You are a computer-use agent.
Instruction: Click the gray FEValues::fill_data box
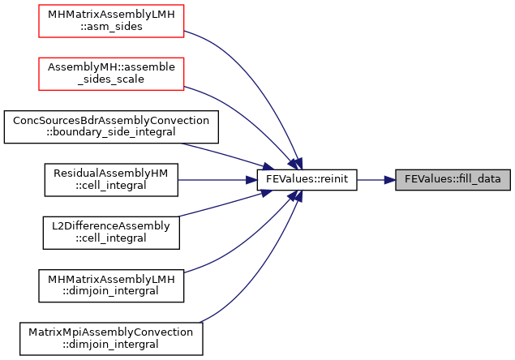tap(453, 180)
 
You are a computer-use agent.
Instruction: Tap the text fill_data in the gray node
tap(480, 179)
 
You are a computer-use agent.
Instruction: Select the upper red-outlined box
tap(111, 21)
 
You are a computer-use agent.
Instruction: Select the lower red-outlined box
tap(111, 74)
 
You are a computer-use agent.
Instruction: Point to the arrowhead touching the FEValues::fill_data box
tap(390, 180)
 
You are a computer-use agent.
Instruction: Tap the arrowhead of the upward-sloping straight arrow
tap(267, 193)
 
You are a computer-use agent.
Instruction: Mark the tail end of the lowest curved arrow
tap(200, 322)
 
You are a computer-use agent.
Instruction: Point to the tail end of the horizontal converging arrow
tap(179, 180)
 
